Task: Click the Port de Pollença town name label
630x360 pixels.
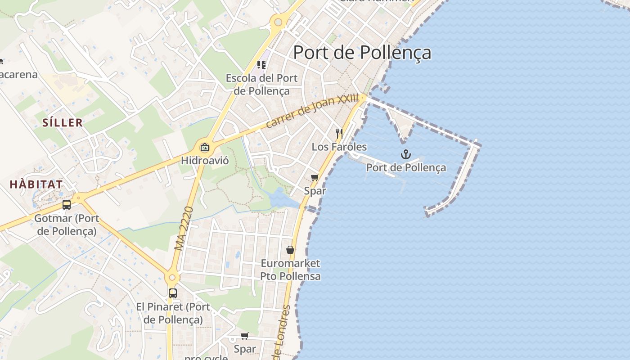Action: tap(362, 53)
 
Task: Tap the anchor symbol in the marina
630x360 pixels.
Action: tap(406, 155)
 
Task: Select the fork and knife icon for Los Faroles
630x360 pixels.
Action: tap(339, 134)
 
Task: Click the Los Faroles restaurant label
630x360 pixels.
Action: tap(339, 147)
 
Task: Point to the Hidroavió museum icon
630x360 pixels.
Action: tap(205, 147)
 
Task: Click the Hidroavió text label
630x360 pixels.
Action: tap(205, 160)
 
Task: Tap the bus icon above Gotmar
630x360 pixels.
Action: tap(67, 205)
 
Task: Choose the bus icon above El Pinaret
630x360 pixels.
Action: tap(173, 293)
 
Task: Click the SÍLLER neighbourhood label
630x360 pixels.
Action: tap(63, 122)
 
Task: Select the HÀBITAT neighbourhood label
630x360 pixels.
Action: tap(36, 184)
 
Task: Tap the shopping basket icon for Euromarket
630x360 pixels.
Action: tap(290, 249)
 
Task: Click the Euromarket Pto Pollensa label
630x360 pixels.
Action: tap(290, 270)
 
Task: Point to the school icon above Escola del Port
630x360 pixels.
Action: tap(261, 65)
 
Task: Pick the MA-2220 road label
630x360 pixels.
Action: tap(184, 228)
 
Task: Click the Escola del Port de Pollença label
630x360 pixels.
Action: tap(261, 84)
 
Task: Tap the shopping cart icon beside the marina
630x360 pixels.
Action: tap(315, 177)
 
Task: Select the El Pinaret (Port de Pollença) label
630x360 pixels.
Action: tap(173, 313)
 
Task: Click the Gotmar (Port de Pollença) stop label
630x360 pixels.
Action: tap(67, 225)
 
